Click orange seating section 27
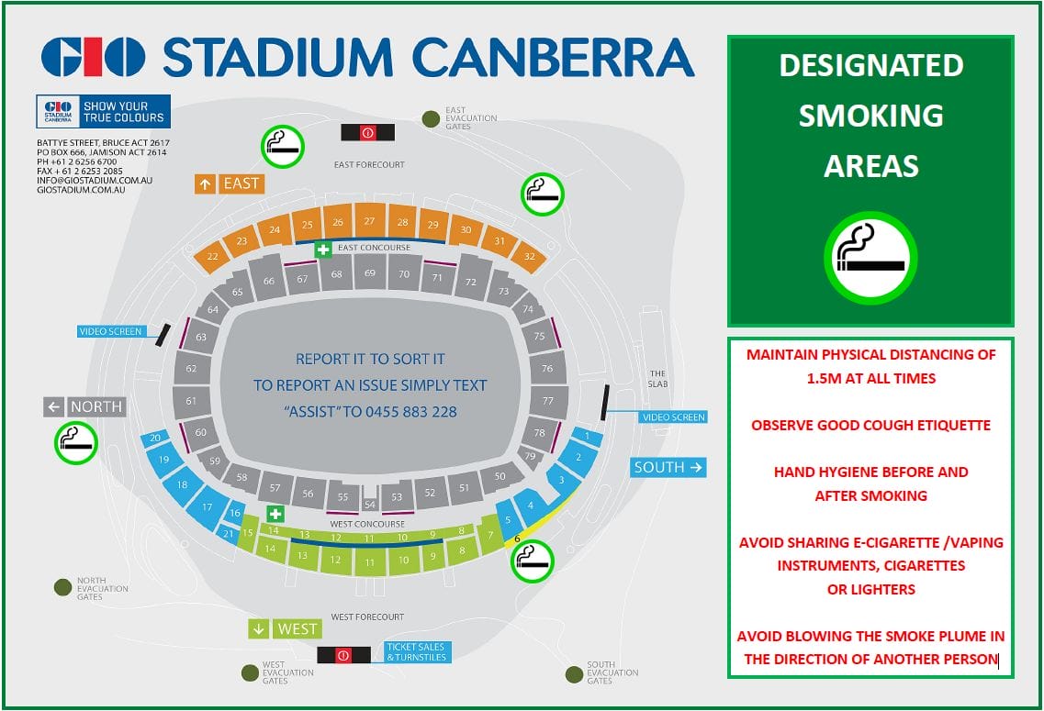(x=369, y=221)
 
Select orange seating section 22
(x=213, y=257)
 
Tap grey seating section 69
(x=369, y=273)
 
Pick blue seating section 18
(x=183, y=484)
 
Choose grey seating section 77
(x=548, y=401)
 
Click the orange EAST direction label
(x=230, y=183)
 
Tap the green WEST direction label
(x=285, y=629)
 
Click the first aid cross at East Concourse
(x=323, y=249)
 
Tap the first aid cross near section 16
(x=274, y=514)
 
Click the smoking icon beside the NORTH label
(x=76, y=442)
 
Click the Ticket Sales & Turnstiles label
(x=414, y=652)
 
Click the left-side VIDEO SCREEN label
(x=112, y=330)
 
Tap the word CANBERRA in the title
(x=553, y=58)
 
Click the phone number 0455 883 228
(x=412, y=412)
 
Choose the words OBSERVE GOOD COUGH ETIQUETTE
(x=870, y=426)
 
